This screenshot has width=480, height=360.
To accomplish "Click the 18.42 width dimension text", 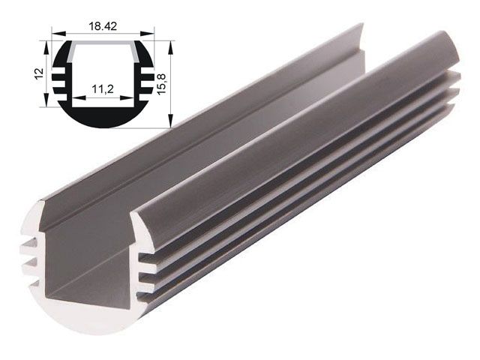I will click(x=103, y=26).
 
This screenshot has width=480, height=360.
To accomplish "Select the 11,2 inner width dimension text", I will click(x=103, y=89).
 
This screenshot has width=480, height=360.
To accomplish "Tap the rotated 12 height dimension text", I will click(x=38, y=74).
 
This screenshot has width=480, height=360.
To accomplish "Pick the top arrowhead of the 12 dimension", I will click(x=45, y=44).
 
